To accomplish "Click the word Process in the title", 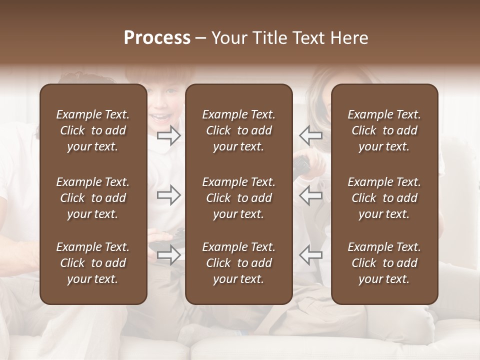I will (157, 38).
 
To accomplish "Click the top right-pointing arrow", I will (169, 135).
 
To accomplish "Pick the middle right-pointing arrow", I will (169, 195).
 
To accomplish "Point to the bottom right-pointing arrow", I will (169, 255).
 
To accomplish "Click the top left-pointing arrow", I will (310, 135).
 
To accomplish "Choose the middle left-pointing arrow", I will (310, 195).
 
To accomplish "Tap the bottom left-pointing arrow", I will (310, 255).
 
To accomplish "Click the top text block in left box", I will (93, 130).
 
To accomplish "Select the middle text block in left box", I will (93, 198).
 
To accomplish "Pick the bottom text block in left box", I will (93, 263).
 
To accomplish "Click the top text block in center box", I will (238, 130).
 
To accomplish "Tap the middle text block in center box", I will (238, 198).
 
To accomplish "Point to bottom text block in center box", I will (238, 263).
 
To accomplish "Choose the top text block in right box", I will (384, 130).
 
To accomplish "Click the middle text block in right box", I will (384, 198).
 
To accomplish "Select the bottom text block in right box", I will (384, 263).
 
